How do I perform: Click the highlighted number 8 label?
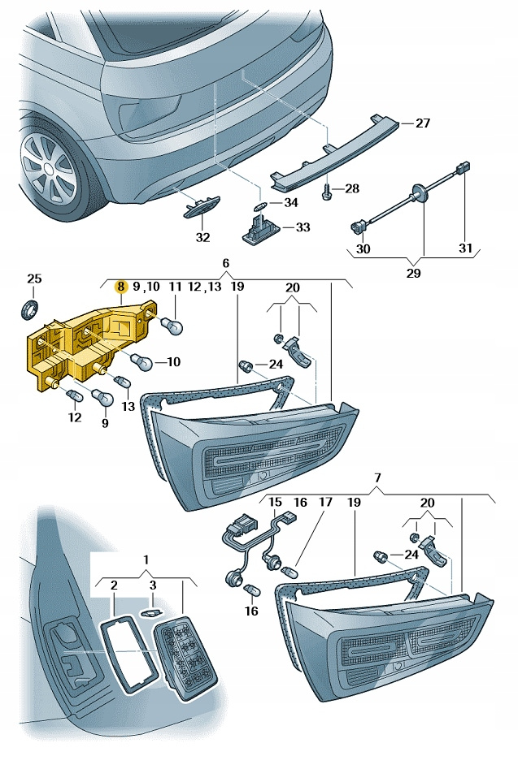pos(120,286)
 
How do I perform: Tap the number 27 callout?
pos(422,123)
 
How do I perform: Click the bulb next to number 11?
pos(174,325)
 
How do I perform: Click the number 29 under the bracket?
pos(413,273)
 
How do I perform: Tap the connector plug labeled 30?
pos(359,227)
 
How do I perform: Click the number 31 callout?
pos(464,248)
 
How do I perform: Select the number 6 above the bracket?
pos(226,263)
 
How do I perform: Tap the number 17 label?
pos(325,503)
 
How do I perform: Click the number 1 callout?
pos(146,559)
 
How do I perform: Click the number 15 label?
pos(276,503)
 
